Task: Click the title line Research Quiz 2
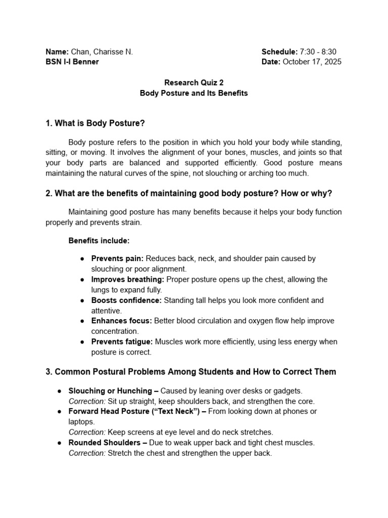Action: (x=193, y=82)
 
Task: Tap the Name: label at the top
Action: (x=57, y=52)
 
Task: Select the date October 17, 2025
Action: (x=312, y=62)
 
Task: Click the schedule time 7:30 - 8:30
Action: (x=318, y=52)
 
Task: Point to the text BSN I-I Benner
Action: (x=72, y=62)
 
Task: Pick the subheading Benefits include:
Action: (x=99, y=240)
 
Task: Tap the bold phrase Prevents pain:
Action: (x=117, y=258)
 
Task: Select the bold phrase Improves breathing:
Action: (x=127, y=279)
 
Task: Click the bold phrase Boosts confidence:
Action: (x=126, y=300)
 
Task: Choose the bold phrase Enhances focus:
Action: (x=122, y=321)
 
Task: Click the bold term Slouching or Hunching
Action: (x=110, y=391)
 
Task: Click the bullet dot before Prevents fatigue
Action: (x=82, y=342)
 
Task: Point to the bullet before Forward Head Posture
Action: (x=60, y=412)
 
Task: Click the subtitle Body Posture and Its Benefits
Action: (x=193, y=93)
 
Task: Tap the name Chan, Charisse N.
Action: (x=102, y=52)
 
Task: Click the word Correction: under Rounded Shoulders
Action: (x=87, y=453)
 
